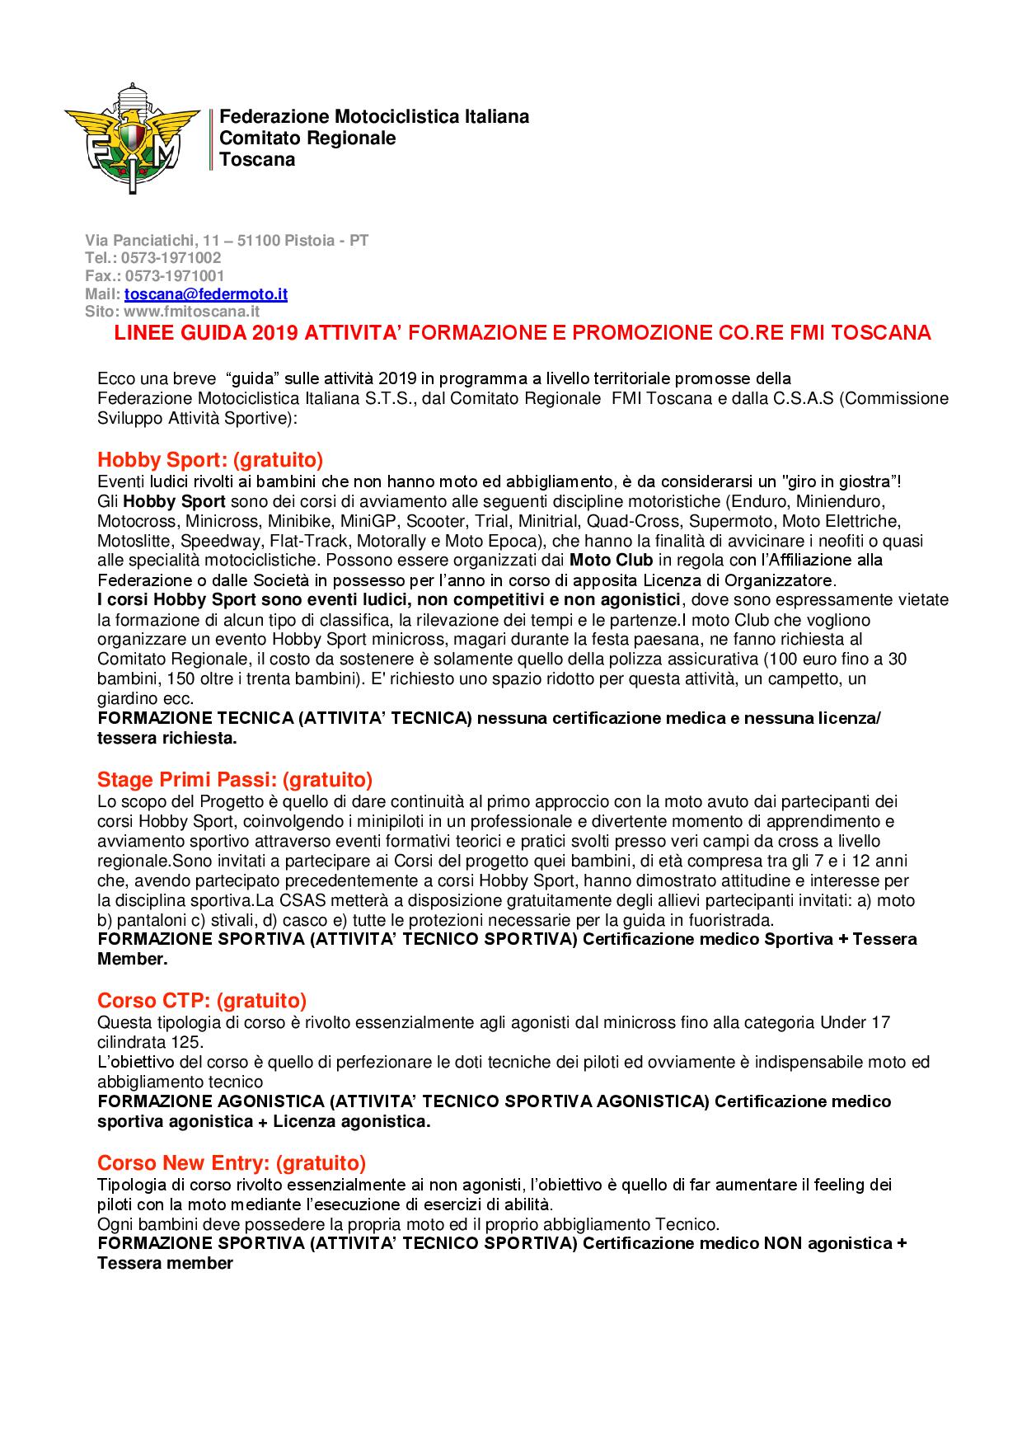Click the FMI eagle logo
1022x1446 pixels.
pos(132,137)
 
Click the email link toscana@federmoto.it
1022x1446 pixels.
pos(206,294)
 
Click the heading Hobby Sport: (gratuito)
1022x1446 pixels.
pos(210,459)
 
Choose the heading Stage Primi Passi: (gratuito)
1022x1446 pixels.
pos(235,779)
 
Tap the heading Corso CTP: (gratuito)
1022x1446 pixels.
pos(202,1001)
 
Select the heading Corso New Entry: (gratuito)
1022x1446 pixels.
pos(232,1163)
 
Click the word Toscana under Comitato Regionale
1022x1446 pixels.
pos(257,160)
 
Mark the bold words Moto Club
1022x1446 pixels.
pos(612,561)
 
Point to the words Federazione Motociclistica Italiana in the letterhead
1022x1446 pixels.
pos(374,117)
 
